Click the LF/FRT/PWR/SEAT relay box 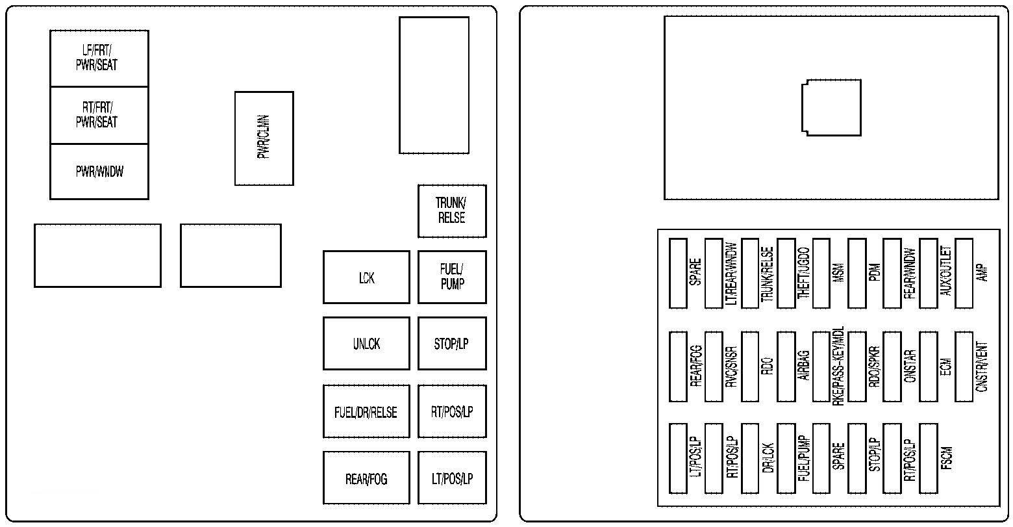pyautogui.click(x=99, y=58)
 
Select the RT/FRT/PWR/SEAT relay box pyautogui.click(x=99, y=115)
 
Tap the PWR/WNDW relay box pyautogui.click(x=99, y=172)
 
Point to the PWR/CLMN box pyautogui.click(x=264, y=138)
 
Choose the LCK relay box pyautogui.click(x=366, y=277)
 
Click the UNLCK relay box pyautogui.click(x=366, y=344)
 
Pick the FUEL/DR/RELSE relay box pyautogui.click(x=366, y=412)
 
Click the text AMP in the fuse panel pyautogui.click(x=981, y=273)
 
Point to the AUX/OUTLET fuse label pyautogui.click(x=945, y=273)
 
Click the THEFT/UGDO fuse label pyautogui.click(x=803, y=273)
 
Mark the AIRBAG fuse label pyautogui.click(x=803, y=366)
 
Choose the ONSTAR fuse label pyautogui.click(x=910, y=366)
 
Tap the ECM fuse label pyautogui.click(x=945, y=366)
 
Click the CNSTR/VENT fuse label pyautogui.click(x=982, y=366)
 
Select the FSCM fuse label pyautogui.click(x=945, y=459)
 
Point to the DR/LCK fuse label pyautogui.click(x=768, y=459)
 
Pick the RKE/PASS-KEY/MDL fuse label pyautogui.click(x=839, y=366)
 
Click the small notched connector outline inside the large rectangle pyautogui.click(x=831, y=107)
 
